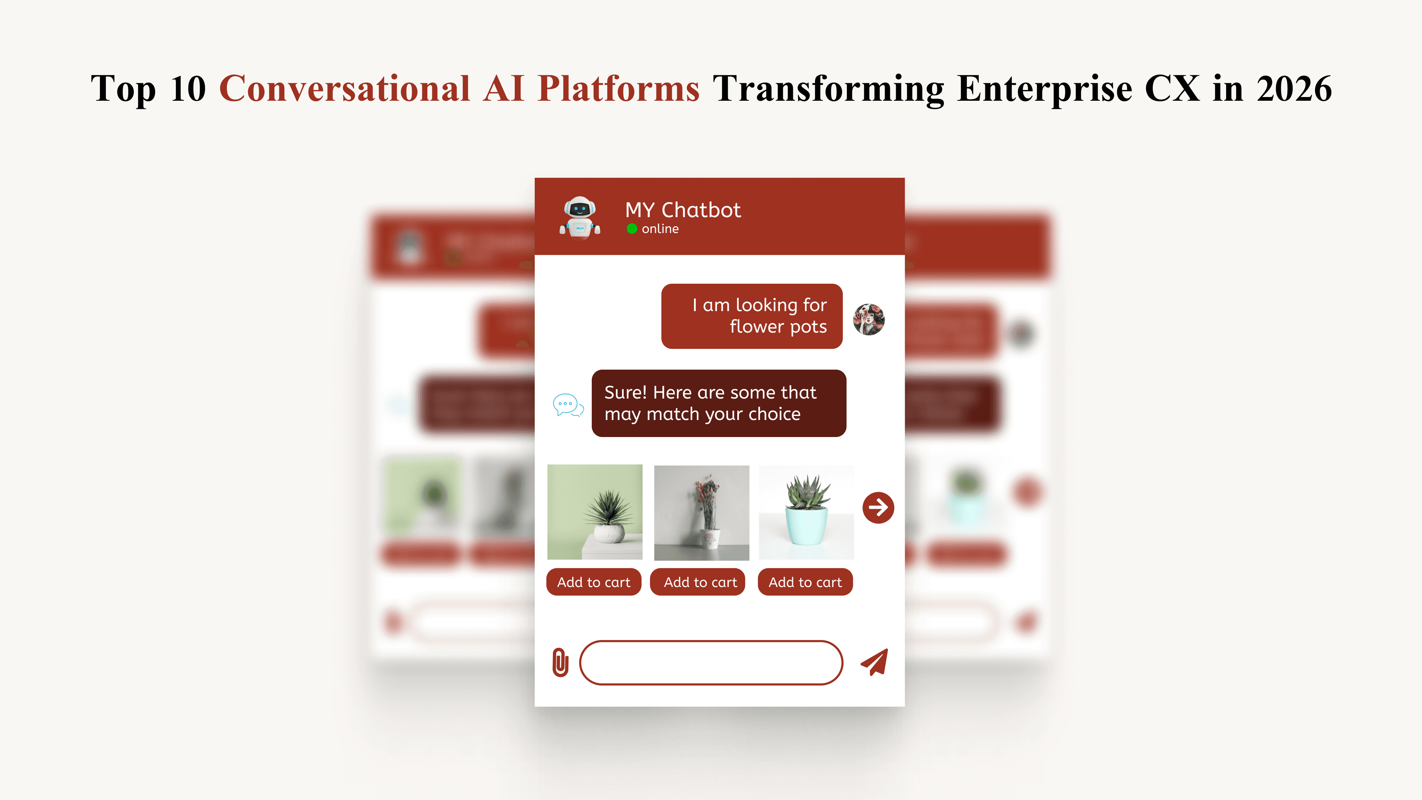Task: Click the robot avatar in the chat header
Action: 580,217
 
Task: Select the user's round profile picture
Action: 869,319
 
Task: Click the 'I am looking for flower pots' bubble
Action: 751,316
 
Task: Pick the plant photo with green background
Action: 594,512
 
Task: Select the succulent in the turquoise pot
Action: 806,512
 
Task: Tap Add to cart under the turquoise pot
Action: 805,582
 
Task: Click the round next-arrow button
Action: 878,507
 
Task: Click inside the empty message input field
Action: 711,663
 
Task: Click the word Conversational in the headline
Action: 344,89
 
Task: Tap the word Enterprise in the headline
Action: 1044,89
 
